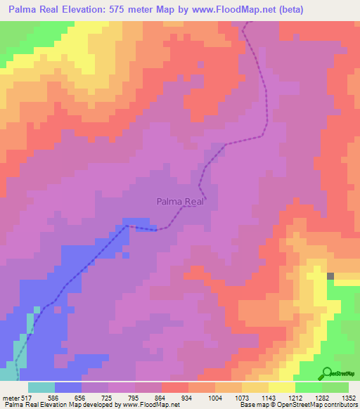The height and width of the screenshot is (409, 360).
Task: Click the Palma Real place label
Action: (180, 202)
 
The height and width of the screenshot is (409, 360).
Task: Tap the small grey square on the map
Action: (330, 276)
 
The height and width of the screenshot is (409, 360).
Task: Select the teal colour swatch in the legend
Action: (41, 387)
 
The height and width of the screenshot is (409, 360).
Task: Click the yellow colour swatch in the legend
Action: (282, 387)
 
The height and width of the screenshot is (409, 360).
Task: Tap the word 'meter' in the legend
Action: (12, 397)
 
